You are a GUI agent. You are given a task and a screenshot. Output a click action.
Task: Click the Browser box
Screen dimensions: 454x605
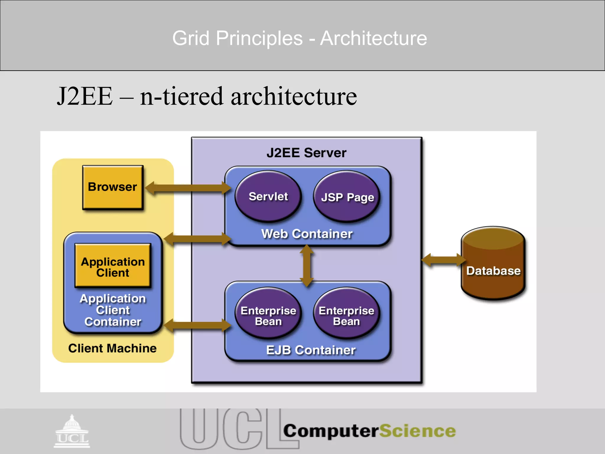click(113, 187)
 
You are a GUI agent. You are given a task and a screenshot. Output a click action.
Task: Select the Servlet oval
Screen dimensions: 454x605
click(268, 197)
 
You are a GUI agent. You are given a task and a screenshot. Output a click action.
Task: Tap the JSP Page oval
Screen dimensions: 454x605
click(347, 197)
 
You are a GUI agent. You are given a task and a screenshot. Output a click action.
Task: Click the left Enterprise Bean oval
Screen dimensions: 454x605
click(268, 313)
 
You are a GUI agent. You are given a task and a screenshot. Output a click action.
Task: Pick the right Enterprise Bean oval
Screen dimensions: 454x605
click(347, 313)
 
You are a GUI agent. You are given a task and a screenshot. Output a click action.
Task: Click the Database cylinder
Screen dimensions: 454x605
click(493, 266)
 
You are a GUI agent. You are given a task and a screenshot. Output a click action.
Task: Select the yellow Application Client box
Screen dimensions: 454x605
click(113, 266)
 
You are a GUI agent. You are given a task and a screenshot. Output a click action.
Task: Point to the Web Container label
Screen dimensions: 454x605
click(307, 234)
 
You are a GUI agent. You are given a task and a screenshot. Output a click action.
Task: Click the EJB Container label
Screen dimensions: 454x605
click(310, 350)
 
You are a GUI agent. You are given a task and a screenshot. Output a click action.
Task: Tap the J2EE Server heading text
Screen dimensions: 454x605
click(306, 153)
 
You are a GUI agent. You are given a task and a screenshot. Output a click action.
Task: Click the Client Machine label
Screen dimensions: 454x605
click(112, 348)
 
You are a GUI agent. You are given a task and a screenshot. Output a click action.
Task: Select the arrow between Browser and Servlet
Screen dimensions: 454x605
click(188, 188)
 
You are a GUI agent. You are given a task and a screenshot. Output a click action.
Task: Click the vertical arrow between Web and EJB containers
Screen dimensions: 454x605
click(307, 265)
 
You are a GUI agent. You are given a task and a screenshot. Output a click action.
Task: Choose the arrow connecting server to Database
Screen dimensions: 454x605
click(443, 260)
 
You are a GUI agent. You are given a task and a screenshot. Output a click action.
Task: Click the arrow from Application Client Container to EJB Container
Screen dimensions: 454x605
click(197, 325)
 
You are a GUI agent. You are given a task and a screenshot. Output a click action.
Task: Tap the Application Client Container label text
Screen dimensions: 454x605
click(113, 310)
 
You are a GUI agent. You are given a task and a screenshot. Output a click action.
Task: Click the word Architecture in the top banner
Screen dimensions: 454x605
click(373, 38)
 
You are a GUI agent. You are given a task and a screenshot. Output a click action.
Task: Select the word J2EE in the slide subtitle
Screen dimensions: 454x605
click(85, 96)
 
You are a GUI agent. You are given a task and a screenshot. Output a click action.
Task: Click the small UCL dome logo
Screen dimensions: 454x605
click(72, 432)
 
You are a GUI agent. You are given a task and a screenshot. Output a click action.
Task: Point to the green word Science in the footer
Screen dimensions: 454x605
click(417, 431)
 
